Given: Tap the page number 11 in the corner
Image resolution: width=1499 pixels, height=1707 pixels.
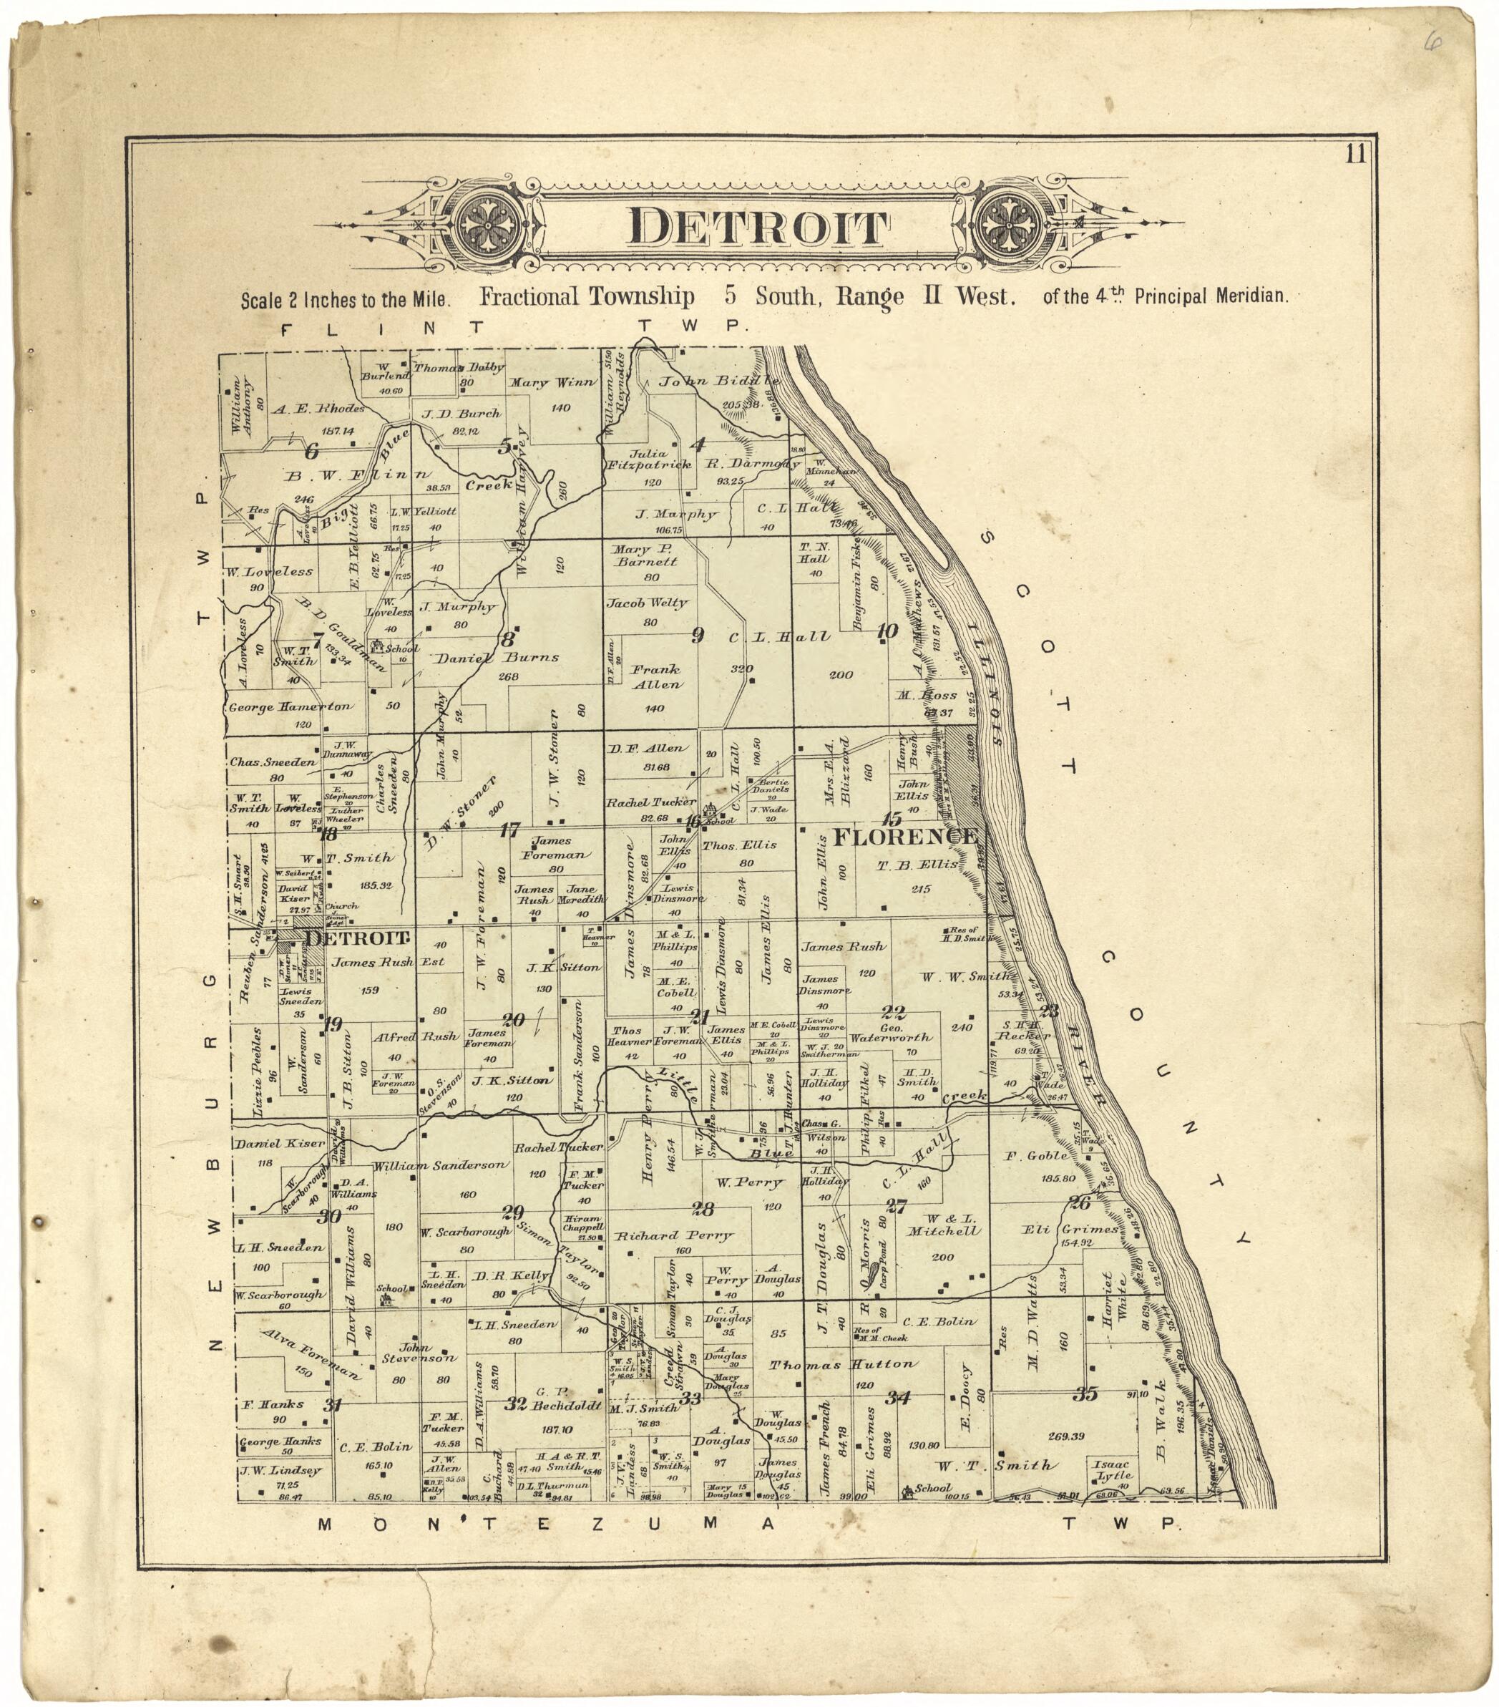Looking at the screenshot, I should (x=1355, y=155).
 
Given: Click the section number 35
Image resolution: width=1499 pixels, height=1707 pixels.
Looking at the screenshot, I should (x=1085, y=1394).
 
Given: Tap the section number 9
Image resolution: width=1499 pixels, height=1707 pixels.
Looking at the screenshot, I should (x=698, y=636).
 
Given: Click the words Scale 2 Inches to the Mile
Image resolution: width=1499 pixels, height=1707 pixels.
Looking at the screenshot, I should (x=346, y=300).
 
